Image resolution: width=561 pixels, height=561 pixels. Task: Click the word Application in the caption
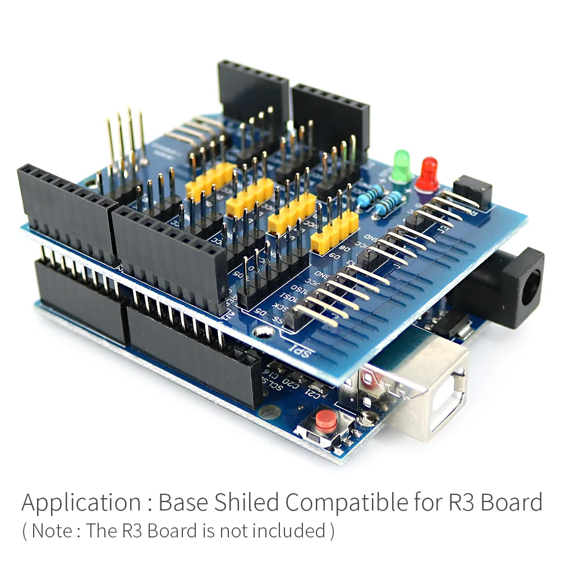[81, 503]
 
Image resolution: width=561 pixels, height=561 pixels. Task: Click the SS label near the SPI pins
[278, 321]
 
